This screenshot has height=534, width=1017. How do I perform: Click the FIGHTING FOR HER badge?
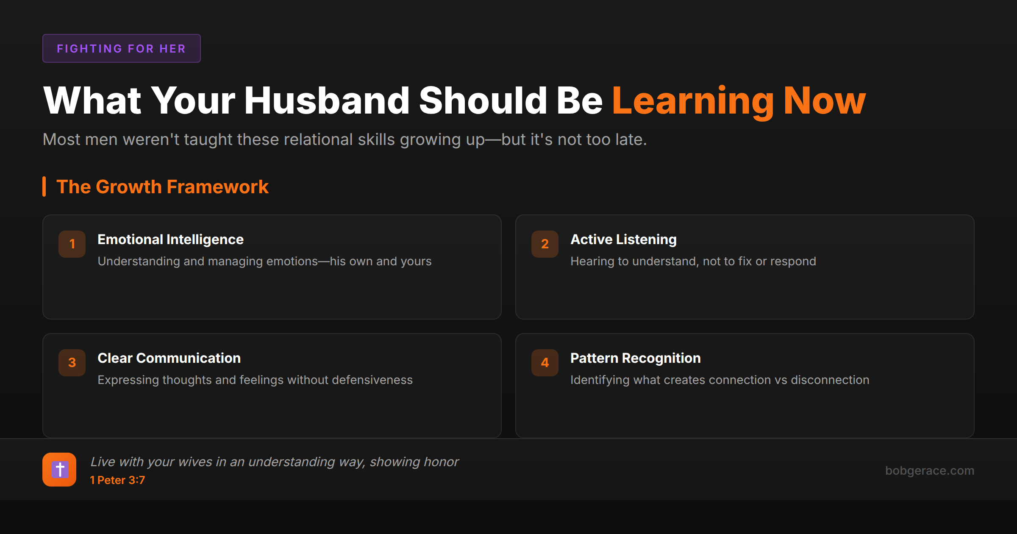point(121,48)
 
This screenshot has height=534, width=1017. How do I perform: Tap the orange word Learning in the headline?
point(693,101)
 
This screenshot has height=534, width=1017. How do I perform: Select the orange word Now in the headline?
point(825,101)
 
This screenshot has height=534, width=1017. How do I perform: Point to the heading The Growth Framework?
point(162,187)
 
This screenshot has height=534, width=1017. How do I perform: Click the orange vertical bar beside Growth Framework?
point(44,186)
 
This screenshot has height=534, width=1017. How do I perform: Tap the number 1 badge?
point(72,244)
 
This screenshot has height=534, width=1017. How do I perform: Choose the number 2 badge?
point(545,244)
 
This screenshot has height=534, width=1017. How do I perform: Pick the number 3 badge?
point(72,362)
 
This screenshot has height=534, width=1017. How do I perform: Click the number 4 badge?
point(545,362)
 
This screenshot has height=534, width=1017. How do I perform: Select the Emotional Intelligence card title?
point(170,239)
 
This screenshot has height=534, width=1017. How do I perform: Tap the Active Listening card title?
point(623,239)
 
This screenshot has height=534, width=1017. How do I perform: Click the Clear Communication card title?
point(169,358)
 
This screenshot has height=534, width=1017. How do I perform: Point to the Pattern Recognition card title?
point(635,358)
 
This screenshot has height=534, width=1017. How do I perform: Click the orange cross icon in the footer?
point(59,470)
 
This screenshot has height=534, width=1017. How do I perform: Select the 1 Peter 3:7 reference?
point(117,480)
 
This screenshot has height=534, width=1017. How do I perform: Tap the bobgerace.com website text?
point(929,470)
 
